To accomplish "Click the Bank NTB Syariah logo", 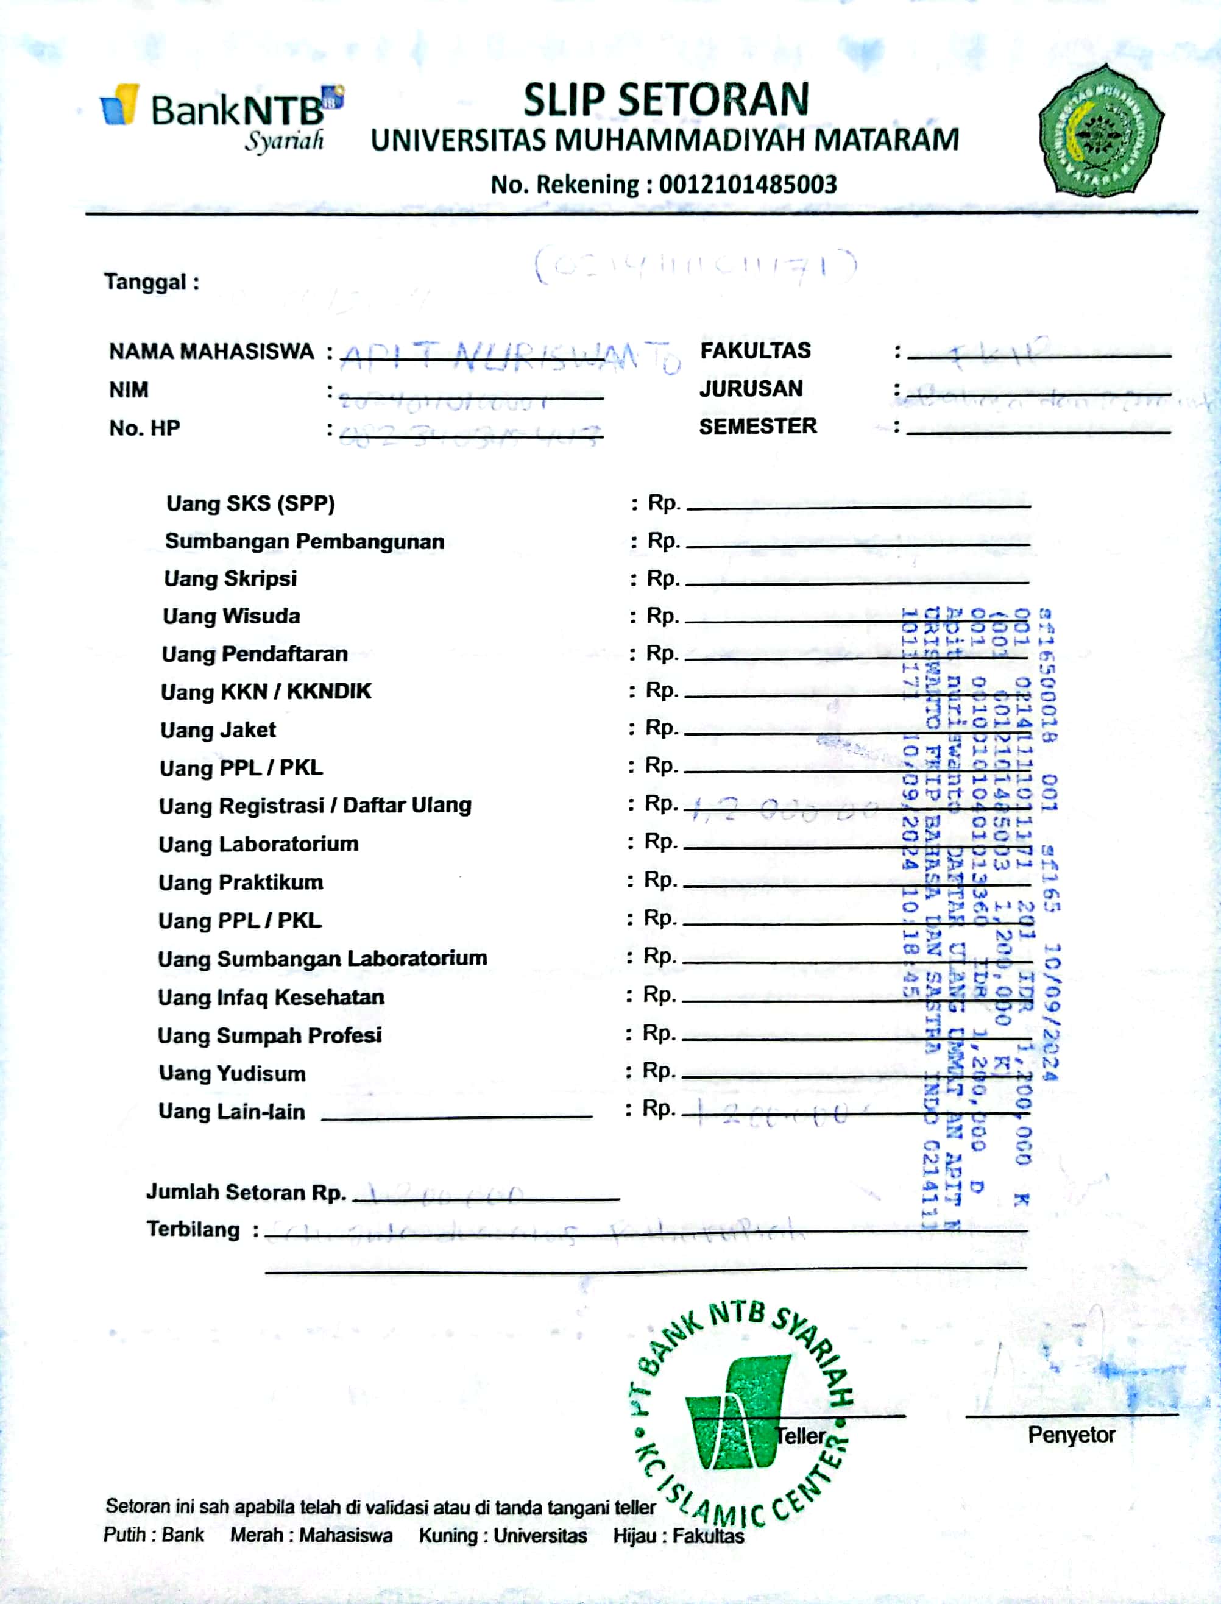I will pyautogui.click(x=222, y=116).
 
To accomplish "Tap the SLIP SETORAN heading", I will pyautogui.click(x=666, y=101).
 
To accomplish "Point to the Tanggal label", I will pyautogui.click(x=151, y=282).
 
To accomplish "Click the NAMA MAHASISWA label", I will pyautogui.click(x=211, y=352).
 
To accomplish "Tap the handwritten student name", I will pyautogui.click(x=509, y=356).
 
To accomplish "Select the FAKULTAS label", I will pyautogui.click(x=755, y=351).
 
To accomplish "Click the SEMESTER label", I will pyautogui.click(x=757, y=427).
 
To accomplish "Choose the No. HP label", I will pyautogui.click(x=144, y=428).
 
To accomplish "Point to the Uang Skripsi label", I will pyautogui.click(x=230, y=578).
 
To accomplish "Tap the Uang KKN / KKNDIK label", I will pyautogui.click(x=266, y=691).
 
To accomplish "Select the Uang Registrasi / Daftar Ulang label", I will pyautogui.click(x=315, y=805).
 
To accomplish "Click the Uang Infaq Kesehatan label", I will pyautogui.click(x=271, y=997).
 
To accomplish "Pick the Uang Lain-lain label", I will pyautogui.click(x=232, y=1111).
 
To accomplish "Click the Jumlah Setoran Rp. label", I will pyautogui.click(x=246, y=1192).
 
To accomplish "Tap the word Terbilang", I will pyautogui.click(x=193, y=1230).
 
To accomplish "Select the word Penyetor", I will pyautogui.click(x=1071, y=1435).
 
